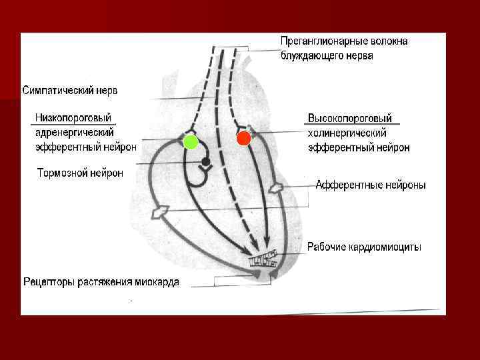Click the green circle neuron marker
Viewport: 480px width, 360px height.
[191, 142]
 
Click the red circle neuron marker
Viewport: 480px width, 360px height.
[243, 139]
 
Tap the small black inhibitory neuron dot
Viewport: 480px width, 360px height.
[206, 162]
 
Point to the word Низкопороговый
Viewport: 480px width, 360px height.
[73, 118]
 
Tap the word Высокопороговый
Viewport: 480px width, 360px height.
[350, 119]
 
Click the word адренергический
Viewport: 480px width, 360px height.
[74, 133]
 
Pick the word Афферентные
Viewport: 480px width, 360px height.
[345, 185]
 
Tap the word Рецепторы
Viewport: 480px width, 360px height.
[49, 282]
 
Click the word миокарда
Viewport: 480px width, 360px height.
[157, 282]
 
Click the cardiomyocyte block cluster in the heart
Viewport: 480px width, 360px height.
[262, 259]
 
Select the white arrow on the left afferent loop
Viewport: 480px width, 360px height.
[159, 212]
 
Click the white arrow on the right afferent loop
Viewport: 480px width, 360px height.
[275, 189]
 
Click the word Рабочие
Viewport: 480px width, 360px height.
[326, 247]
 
